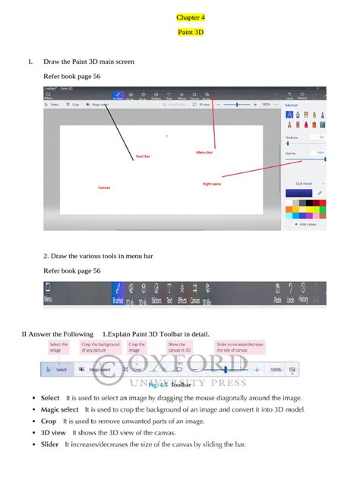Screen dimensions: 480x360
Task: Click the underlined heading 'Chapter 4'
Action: [x=191, y=17]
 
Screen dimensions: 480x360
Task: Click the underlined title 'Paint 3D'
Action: [x=191, y=33]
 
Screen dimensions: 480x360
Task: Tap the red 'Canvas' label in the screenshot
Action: [x=104, y=187]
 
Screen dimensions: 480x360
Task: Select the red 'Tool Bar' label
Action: [x=143, y=156]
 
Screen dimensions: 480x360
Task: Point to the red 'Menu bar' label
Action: [x=204, y=152]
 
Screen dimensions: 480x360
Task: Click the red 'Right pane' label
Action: [x=212, y=183]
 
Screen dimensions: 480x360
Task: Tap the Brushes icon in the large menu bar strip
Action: [x=118, y=293]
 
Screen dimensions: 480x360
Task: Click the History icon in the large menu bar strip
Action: [x=303, y=293]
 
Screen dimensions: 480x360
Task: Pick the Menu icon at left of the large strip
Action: [x=48, y=293]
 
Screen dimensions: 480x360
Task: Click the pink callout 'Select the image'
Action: [x=58, y=347]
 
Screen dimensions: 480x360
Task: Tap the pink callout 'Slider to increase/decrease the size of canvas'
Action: [x=240, y=347]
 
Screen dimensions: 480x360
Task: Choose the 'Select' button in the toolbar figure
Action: [x=57, y=370]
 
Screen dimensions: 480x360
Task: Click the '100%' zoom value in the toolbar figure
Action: [x=276, y=370]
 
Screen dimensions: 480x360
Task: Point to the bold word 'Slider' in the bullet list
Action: [x=50, y=444]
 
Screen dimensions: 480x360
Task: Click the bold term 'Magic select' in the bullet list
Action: [x=60, y=409]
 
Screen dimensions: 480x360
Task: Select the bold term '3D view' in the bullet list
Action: [x=54, y=432]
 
